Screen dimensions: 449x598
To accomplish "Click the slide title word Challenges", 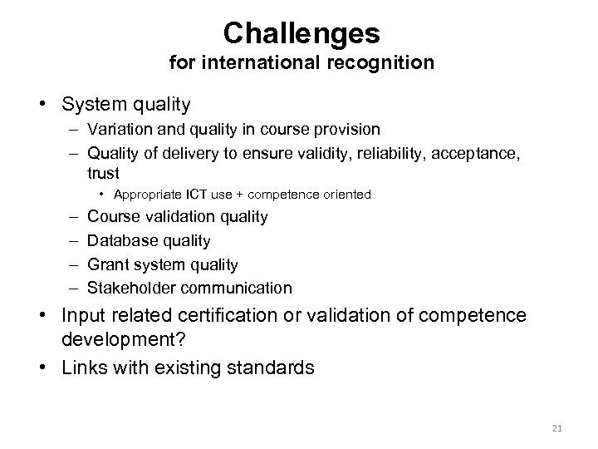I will pyautogui.click(x=301, y=33).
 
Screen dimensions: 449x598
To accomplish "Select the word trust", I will pyautogui.click(x=103, y=173).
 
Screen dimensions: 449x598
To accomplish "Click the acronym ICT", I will pyautogui.click(x=180, y=195).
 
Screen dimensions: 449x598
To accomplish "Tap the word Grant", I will pyautogui.click(x=106, y=265).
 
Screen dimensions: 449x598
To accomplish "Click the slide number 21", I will pyautogui.click(x=557, y=428).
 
